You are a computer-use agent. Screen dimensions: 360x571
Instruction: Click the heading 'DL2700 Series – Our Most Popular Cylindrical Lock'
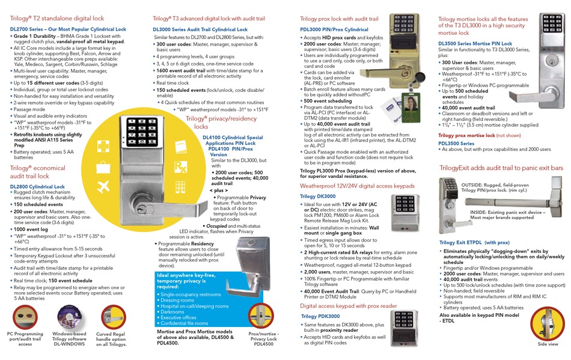coord(68,29)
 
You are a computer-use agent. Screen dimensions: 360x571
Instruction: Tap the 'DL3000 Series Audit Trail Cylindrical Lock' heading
coord(200,29)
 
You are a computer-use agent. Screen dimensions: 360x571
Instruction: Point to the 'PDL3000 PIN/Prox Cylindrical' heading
coord(334,29)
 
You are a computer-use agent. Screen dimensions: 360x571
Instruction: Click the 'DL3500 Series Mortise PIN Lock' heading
coord(475,44)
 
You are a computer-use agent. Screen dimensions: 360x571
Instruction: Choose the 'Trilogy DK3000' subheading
coord(318,197)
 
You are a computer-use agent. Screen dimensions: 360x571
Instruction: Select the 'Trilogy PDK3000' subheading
coord(320,317)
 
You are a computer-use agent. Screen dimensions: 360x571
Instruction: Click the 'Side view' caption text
coord(548,344)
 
